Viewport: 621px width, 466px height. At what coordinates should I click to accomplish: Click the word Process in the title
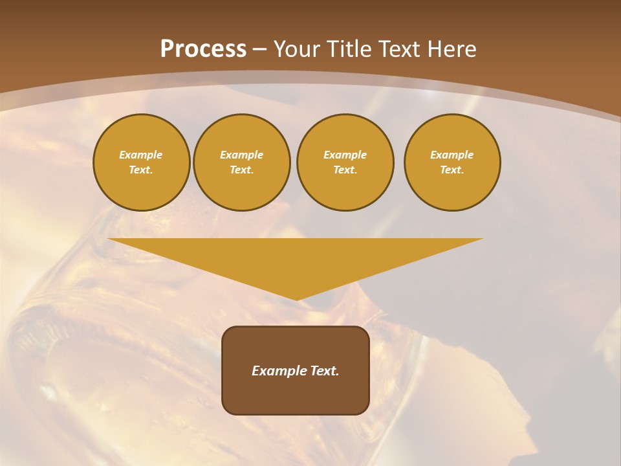point(203,49)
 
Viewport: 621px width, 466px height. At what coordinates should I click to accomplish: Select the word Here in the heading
point(451,49)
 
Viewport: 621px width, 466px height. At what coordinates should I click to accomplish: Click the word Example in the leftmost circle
point(141,155)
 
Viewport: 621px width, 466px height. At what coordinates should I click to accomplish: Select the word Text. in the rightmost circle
point(452,170)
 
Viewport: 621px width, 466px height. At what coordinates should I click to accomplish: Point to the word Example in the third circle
point(345,155)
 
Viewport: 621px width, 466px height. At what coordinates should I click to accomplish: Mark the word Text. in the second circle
point(241,170)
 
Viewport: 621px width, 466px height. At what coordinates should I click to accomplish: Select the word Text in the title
point(400,49)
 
